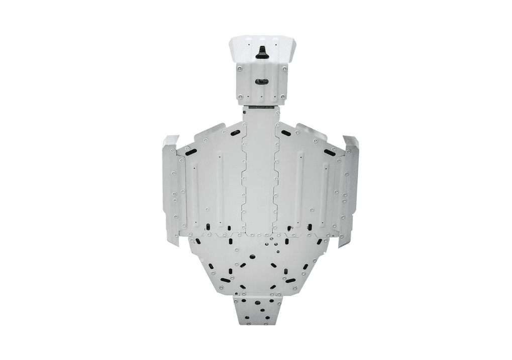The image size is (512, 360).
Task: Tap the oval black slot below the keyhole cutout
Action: click(x=261, y=81)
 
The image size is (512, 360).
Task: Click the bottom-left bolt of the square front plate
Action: click(x=240, y=96)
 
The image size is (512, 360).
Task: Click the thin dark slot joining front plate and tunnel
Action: click(x=260, y=107)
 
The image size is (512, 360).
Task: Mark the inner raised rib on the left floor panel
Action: click(x=220, y=186)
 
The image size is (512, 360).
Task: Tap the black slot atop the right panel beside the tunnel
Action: click(x=286, y=133)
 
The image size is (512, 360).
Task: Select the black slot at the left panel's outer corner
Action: click(x=190, y=150)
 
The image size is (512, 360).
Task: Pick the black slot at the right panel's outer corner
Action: click(x=330, y=152)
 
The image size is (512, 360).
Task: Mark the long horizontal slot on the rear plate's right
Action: click(x=290, y=278)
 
